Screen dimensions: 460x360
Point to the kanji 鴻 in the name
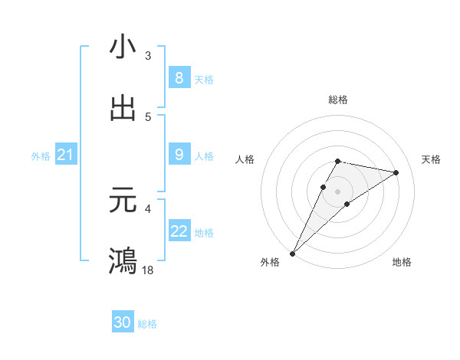click(123, 260)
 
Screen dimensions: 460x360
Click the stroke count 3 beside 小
click(147, 56)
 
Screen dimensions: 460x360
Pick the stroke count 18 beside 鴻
click(149, 270)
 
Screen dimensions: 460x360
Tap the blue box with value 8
click(179, 77)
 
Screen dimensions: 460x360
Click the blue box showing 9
click(179, 155)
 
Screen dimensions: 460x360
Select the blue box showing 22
click(179, 231)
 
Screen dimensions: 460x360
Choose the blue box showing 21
click(65, 155)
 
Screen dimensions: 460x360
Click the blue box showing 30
click(123, 322)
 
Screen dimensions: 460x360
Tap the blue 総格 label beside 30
click(147, 324)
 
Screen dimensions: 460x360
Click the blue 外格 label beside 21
click(41, 156)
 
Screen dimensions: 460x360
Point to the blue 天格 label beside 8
click(203, 79)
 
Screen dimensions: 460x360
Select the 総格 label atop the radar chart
click(338, 100)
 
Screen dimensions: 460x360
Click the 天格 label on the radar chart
click(431, 159)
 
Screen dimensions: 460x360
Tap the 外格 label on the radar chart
click(270, 262)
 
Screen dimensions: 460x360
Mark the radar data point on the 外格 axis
click(293, 253)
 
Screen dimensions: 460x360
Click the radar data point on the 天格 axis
click(396, 172)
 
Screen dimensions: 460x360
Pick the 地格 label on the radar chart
click(402, 262)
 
